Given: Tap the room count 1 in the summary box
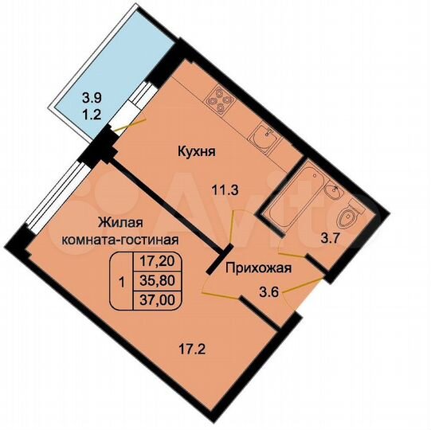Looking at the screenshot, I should pos(120,280).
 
